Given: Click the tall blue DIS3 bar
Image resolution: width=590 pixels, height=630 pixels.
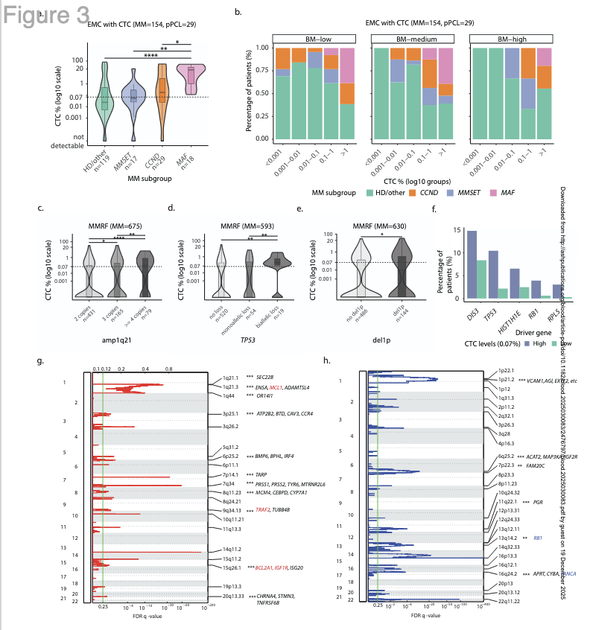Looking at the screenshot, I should point(472,264).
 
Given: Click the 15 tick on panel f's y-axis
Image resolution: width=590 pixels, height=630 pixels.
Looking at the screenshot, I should point(457,232).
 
